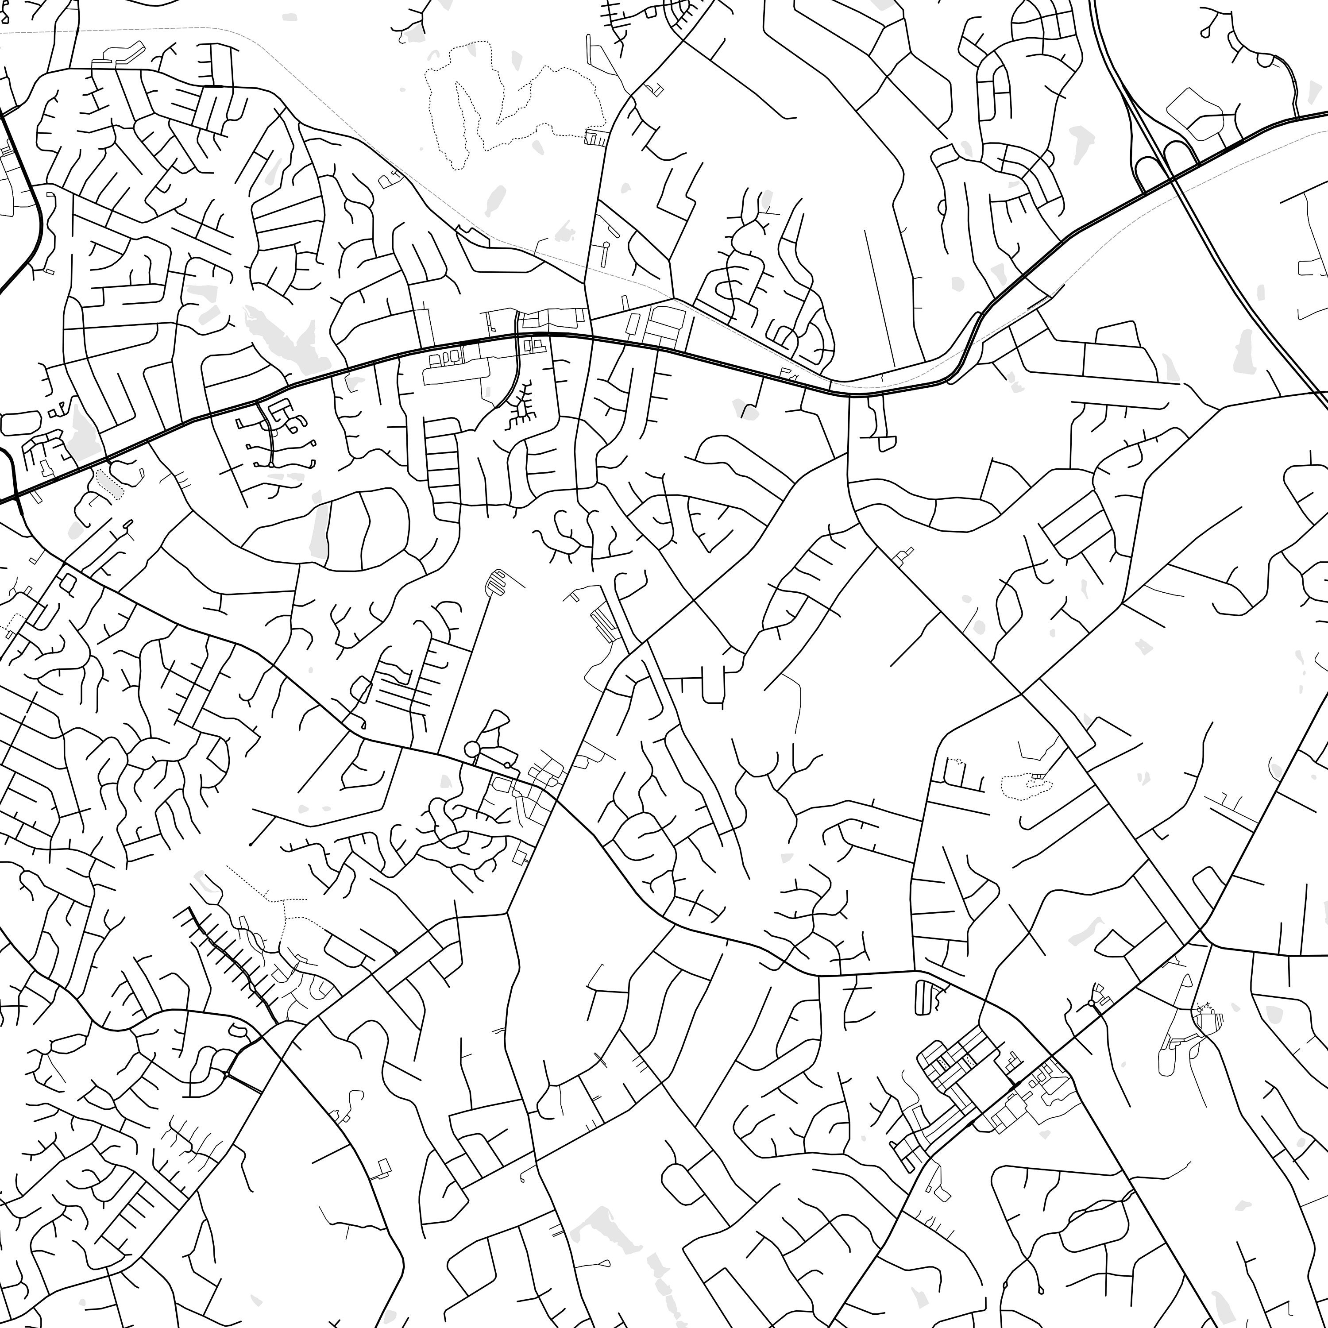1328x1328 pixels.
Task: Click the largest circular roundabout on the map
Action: coord(472,748)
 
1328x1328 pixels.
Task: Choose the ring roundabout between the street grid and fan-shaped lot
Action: coord(1092,1004)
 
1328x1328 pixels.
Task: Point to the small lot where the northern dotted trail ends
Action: coord(593,138)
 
